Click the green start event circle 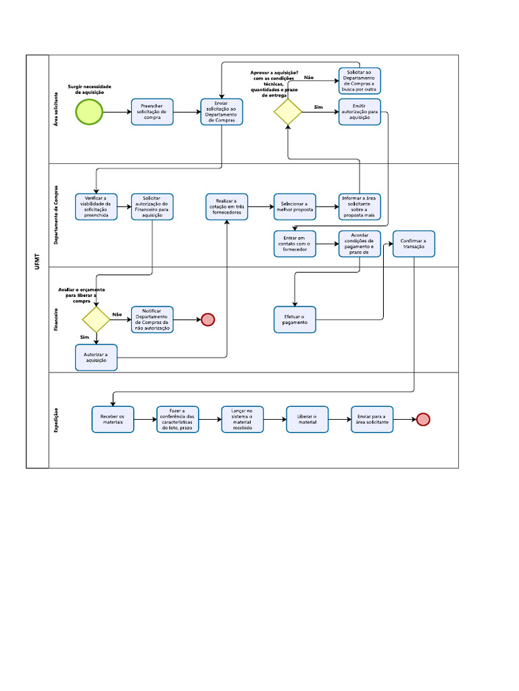(x=89, y=112)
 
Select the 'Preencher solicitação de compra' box (x=152, y=112)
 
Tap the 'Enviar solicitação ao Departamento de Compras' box (x=222, y=112)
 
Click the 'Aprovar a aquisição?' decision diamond (x=289, y=112)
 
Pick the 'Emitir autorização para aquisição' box (x=360, y=112)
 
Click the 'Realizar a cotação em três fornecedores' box (x=227, y=207)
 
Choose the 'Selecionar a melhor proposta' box (x=294, y=207)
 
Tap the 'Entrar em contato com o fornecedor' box (x=294, y=244)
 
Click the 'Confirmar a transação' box (x=414, y=244)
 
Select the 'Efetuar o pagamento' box (x=294, y=319)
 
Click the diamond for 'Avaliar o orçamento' (x=96, y=319)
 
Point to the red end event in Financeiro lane (x=207, y=319)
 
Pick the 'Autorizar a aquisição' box (x=96, y=358)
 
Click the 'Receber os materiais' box (x=113, y=419)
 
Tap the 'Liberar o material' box (x=307, y=419)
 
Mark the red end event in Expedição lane (x=423, y=419)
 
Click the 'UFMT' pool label (x=37, y=262)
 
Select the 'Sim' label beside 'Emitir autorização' (x=318, y=107)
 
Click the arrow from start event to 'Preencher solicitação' (x=117, y=112)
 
